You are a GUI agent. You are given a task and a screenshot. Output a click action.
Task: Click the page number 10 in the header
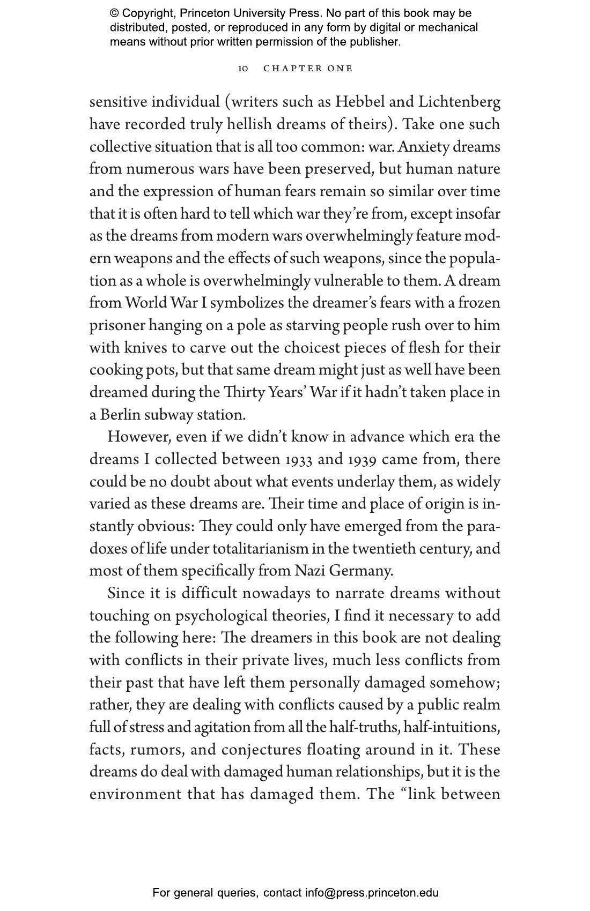click(243, 69)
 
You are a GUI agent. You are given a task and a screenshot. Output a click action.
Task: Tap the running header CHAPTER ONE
click(308, 69)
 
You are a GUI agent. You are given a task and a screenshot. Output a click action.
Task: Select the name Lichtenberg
click(459, 102)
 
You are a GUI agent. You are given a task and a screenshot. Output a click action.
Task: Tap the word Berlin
click(120, 415)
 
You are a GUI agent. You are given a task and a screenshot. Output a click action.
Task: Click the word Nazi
click(309, 571)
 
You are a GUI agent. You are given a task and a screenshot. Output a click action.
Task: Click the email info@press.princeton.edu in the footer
click(372, 893)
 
